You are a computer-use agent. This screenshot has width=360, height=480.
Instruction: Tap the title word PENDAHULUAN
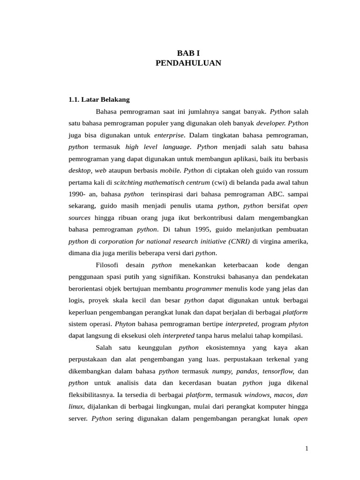click(188, 63)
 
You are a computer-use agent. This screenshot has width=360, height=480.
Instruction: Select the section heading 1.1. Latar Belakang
click(99, 99)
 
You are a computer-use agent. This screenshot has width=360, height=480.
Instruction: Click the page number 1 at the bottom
click(307, 449)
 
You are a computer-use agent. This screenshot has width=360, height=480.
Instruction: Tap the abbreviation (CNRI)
click(240, 241)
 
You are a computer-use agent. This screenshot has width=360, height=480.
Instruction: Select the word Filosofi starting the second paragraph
click(107, 265)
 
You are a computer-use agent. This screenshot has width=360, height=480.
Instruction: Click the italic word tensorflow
click(278, 371)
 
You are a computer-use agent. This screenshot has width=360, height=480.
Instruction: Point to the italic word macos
click(283, 395)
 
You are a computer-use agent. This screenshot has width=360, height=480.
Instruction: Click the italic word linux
click(76, 406)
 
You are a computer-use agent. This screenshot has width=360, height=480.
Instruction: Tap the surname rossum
click(297, 170)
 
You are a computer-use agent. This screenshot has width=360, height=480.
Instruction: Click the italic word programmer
click(204, 289)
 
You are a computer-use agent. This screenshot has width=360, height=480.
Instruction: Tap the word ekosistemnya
click(225, 347)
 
